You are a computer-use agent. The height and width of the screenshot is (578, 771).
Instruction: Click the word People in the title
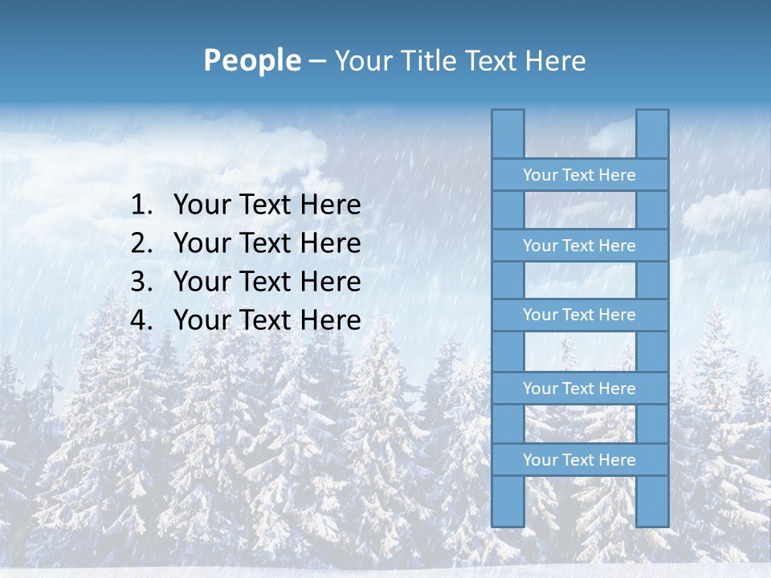click(x=251, y=60)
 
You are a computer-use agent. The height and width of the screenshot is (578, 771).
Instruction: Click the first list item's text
click(x=267, y=206)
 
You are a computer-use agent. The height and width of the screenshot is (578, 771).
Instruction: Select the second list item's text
click(x=267, y=243)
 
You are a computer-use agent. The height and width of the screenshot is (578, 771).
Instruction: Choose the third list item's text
click(x=267, y=282)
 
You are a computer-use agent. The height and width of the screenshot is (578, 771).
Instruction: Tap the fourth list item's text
click(x=267, y=320)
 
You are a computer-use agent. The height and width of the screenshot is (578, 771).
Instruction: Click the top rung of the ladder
click(x=579, y=175)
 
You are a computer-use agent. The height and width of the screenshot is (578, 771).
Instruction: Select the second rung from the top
click(x=579, y=246)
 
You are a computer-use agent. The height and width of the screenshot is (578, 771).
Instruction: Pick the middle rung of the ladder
click(x=579, y=315)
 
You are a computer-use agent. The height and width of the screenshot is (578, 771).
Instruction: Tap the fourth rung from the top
click(x=579, y=389)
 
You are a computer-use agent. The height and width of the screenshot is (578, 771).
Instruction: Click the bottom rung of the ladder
click(x=579, y=460)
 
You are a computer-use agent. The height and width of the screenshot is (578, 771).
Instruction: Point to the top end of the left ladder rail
click(x=508, y=114)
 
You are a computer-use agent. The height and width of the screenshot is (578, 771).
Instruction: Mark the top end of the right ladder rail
click(x=652, y=114)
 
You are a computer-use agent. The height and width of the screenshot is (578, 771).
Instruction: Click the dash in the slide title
click(x=317, y=61)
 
